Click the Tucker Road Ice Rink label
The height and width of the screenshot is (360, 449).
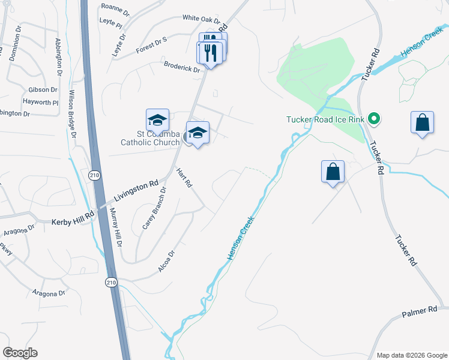click(x=325, y=119)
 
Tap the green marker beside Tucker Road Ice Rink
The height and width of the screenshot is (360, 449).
click(x=374, y=119)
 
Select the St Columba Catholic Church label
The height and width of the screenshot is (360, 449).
click(x=150, y=138)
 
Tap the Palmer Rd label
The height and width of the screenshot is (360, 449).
click(x=420, y=311)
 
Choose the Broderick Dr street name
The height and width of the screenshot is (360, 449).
click(x=182, y=66)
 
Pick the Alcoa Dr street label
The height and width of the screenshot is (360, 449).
click(x=166, y=262)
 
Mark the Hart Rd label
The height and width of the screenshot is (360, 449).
click(x=184, y=178)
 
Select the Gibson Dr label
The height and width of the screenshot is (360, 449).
click(x=43, y=89)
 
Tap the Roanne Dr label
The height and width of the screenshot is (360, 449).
click(x=115, y=9)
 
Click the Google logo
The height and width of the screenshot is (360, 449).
click(x=20, y=353)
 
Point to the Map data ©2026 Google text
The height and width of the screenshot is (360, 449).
click(x=411, y=355)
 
